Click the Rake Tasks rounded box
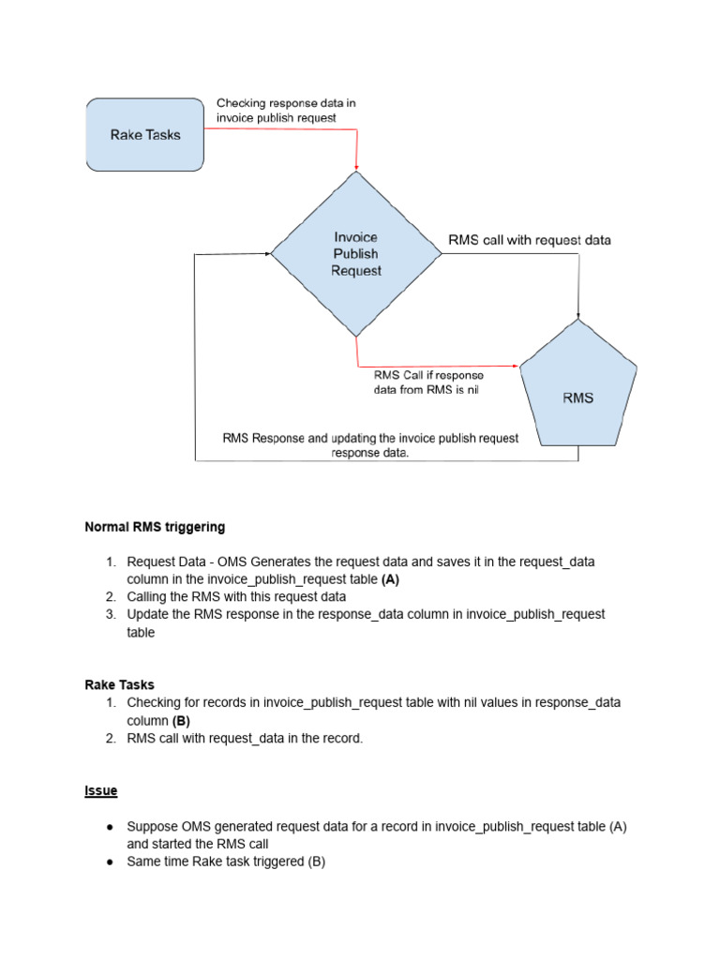coord(145,135)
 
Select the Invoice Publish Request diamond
coord(356,254)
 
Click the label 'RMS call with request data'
coord(530,241)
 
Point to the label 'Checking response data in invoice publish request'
coord(286,111)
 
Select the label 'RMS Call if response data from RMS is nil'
coord(428,382)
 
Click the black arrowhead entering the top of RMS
coord(578,315)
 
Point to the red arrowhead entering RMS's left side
coord(515,366)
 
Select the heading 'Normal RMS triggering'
coord(155,527)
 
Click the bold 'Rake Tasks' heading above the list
coord(120,685)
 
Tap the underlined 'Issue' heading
coord(101,791)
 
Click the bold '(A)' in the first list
coord(390,579)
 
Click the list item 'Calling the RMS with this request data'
coord(236,596)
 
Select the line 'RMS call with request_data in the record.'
coord(244,739)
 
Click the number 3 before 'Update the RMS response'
coord(109,614)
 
